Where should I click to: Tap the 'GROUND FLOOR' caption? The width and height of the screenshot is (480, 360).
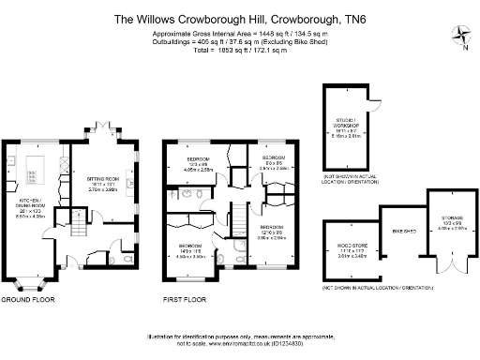point(28,300)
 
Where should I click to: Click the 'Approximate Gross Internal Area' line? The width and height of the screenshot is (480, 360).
point(239,33)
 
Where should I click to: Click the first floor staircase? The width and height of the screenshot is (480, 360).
point(238,224)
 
